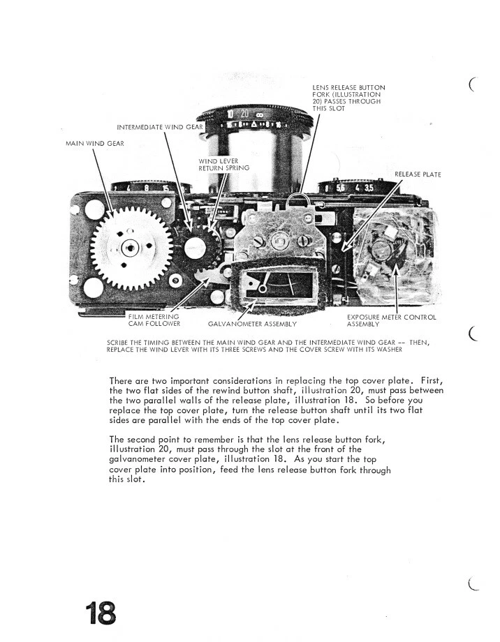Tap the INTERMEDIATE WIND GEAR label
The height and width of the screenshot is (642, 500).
[160, 126]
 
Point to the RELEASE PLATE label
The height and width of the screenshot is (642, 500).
[418, 173]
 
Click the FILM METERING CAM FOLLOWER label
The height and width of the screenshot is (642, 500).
[154, 320]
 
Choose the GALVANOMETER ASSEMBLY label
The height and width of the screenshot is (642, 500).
[252, 324]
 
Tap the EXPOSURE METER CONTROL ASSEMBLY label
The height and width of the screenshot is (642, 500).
[391, 320]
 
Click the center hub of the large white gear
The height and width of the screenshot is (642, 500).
[129, 248]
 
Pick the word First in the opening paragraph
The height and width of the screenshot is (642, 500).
[429, 380]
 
